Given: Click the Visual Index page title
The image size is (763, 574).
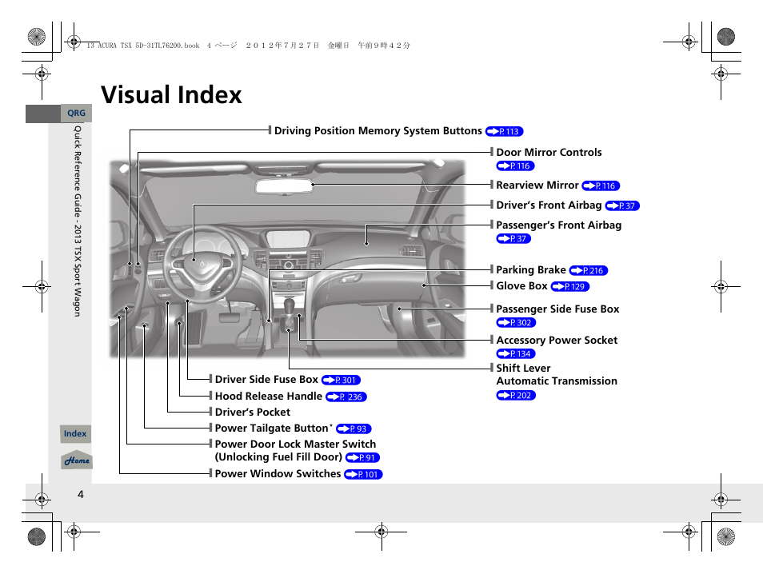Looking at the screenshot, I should [171, 95].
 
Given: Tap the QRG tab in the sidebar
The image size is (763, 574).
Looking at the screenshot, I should [76, 114].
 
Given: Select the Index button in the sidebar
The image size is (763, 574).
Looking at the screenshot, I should [75, 434].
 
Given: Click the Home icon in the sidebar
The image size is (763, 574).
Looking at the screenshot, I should [77, 460].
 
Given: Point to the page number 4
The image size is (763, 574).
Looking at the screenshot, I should [80, 494].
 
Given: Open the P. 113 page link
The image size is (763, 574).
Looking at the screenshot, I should [504, 132].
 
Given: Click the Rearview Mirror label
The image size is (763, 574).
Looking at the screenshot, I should [537, 185].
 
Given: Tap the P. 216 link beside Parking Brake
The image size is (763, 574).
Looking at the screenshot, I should [589, 271].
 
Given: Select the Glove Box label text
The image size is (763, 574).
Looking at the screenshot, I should [521, 286].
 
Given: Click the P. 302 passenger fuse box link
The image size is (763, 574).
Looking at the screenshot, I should [516, 323].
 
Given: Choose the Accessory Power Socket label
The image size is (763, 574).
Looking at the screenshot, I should [557, 341].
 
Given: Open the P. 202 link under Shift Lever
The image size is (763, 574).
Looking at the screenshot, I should [516, 396].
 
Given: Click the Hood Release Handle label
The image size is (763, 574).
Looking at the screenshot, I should [268, 397].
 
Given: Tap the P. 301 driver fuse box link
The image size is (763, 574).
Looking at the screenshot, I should [342, 381].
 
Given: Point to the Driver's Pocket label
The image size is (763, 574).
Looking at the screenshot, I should [253, 413].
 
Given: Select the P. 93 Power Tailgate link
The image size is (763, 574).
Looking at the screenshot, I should [354, 429].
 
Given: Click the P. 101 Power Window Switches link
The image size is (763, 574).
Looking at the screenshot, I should [363, 475].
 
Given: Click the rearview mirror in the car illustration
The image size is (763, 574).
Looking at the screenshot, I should [284, 186].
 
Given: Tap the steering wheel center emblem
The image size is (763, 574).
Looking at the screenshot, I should [193, 260].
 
